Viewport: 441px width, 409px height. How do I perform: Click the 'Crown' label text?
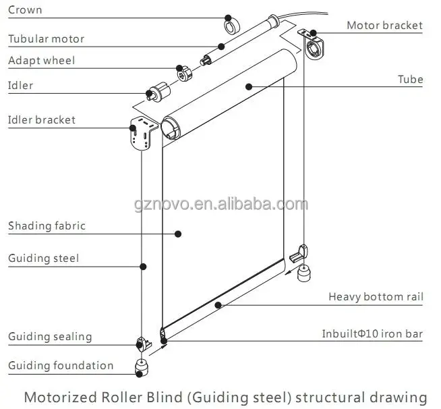(x=25, y=10)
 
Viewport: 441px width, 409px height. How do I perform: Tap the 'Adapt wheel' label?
(x=41, y=61)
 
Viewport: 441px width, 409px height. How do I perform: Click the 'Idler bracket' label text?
(x=42, y=120)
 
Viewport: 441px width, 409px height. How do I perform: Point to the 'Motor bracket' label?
(x=384, y=26)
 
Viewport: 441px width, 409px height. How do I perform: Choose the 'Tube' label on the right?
(x=410, y=80)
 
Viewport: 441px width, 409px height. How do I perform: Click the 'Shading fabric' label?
(x=47, y=226)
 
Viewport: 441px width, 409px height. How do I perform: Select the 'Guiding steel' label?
(x=43, y=258)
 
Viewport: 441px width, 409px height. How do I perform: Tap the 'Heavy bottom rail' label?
(x=376, y=296)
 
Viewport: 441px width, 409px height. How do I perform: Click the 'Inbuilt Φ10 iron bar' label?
(x=372, y=334)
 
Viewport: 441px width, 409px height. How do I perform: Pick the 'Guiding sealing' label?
(x=50, y=337)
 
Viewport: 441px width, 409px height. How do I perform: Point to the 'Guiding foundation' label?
(x=61, y=366)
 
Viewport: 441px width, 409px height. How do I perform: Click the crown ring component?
(x=232, y=26)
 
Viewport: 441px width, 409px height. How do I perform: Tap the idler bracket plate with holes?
(x=142, y=135)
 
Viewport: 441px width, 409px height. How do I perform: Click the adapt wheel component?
(x=183, y=72)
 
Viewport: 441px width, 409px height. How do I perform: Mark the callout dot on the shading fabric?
(x=178, y=234)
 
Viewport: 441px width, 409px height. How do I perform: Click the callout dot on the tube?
(x=249, y=86)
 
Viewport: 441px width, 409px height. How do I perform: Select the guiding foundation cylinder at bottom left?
(x=143, y=366)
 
